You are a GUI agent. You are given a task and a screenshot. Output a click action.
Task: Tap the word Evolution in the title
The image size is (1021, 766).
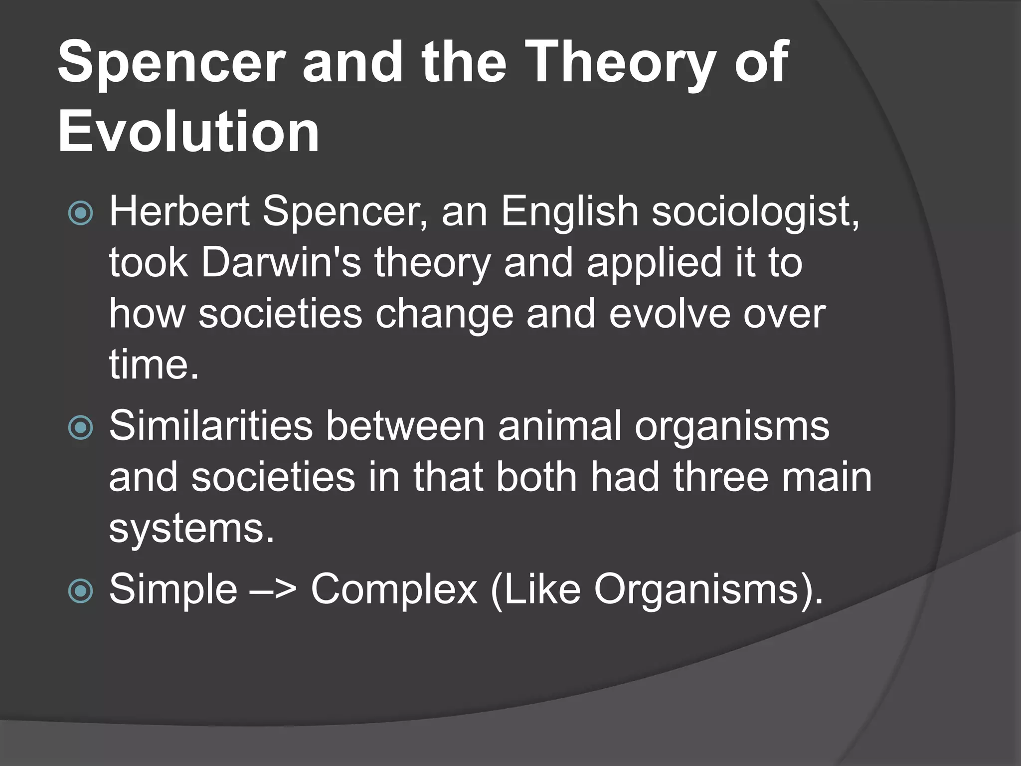point(188,132)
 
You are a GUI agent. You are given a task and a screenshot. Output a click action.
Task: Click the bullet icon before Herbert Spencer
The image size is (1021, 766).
point(80,213)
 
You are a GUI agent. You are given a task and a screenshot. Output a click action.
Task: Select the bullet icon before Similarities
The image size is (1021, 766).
point(80,427)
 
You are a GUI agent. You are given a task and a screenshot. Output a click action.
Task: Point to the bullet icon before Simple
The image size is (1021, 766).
point(80,591)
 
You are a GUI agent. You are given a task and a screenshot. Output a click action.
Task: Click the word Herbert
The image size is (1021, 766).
point(179,211)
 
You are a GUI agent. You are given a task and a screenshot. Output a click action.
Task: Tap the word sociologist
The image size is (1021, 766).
point(756,212)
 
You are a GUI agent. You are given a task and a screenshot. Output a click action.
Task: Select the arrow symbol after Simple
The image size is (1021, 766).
point(274,590)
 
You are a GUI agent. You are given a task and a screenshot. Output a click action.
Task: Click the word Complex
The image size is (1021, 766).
point(394,590)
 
